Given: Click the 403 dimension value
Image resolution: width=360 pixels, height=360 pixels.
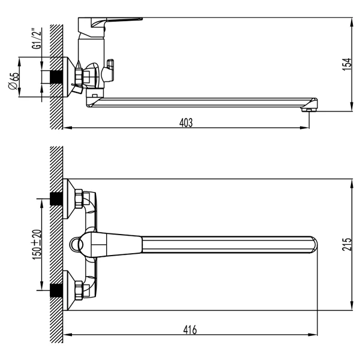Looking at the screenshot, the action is [186, 123].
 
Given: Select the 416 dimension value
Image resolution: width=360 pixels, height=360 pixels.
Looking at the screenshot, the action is [190, 330].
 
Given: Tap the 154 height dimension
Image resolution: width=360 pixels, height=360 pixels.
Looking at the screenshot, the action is [347, 65].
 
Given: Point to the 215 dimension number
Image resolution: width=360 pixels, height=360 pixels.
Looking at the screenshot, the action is [347, 244].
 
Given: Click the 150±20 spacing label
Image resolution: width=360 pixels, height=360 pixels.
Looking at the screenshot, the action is [37, 245].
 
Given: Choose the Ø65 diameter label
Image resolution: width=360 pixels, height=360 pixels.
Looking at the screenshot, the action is [13, 81].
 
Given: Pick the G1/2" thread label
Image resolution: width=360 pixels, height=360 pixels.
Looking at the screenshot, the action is [37, 38].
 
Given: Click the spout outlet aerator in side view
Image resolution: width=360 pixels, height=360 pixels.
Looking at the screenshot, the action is [309, 110].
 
